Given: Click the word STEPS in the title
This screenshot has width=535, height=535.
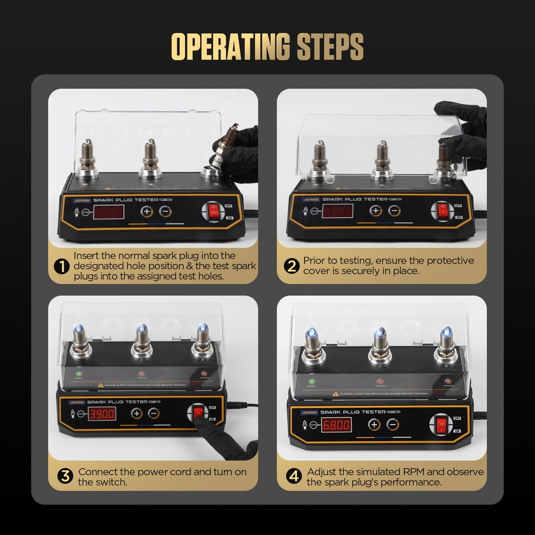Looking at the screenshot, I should point(329,47).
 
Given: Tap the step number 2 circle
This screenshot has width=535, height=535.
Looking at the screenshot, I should point(291,266).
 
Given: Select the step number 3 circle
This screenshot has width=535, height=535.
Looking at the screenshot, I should point(65,476).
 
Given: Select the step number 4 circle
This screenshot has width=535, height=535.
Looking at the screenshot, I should point(294,476).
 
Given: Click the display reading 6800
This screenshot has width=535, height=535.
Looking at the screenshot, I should point(337,425).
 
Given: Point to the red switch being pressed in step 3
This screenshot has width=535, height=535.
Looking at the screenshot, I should point(198,412).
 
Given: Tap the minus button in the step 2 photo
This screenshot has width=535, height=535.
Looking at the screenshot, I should point(394,210).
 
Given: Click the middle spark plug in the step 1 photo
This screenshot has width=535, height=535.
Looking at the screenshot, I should point(150,158).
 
